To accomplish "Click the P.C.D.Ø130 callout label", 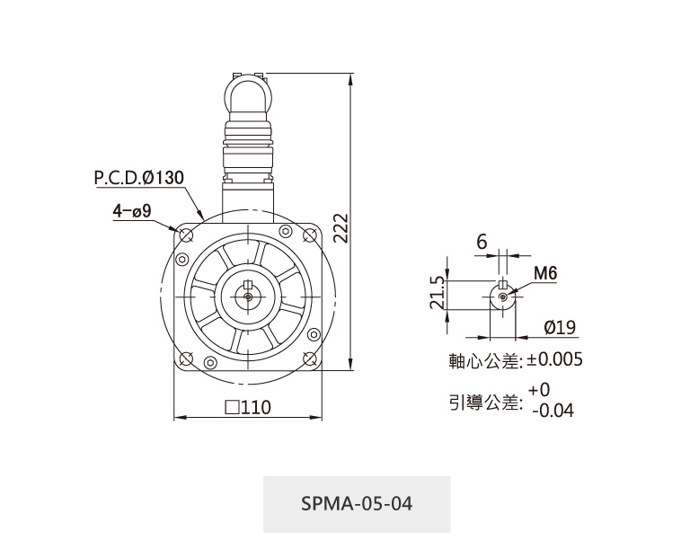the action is coord(139,177).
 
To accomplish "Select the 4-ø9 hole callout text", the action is coord(132,211).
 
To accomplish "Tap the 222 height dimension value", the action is coord(341,228).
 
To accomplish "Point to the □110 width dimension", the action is coord(248,407).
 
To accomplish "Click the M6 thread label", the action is coord(545,273).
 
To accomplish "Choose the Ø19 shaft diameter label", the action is coord(560,327).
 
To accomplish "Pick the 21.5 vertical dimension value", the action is coord(438,292).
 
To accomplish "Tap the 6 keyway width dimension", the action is coord(482,242).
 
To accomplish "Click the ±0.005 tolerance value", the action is coord(555,359).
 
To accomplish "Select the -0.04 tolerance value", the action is coord(553,411).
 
